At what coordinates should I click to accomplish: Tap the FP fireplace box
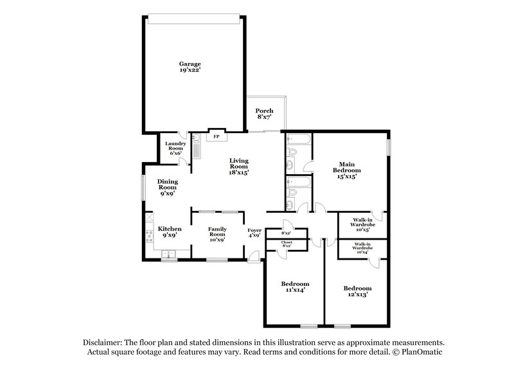click(217, 137)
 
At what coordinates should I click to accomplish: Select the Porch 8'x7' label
click(264, 114)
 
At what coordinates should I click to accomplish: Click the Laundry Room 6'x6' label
click(175, 148)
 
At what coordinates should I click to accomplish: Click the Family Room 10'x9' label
click(216, 233)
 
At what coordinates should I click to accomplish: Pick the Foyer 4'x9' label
click(254, 233)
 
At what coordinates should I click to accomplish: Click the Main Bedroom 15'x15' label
click(346, 170)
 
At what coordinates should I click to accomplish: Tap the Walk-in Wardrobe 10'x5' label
click(360, 223)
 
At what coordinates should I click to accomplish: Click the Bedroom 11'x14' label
click(295, 287)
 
